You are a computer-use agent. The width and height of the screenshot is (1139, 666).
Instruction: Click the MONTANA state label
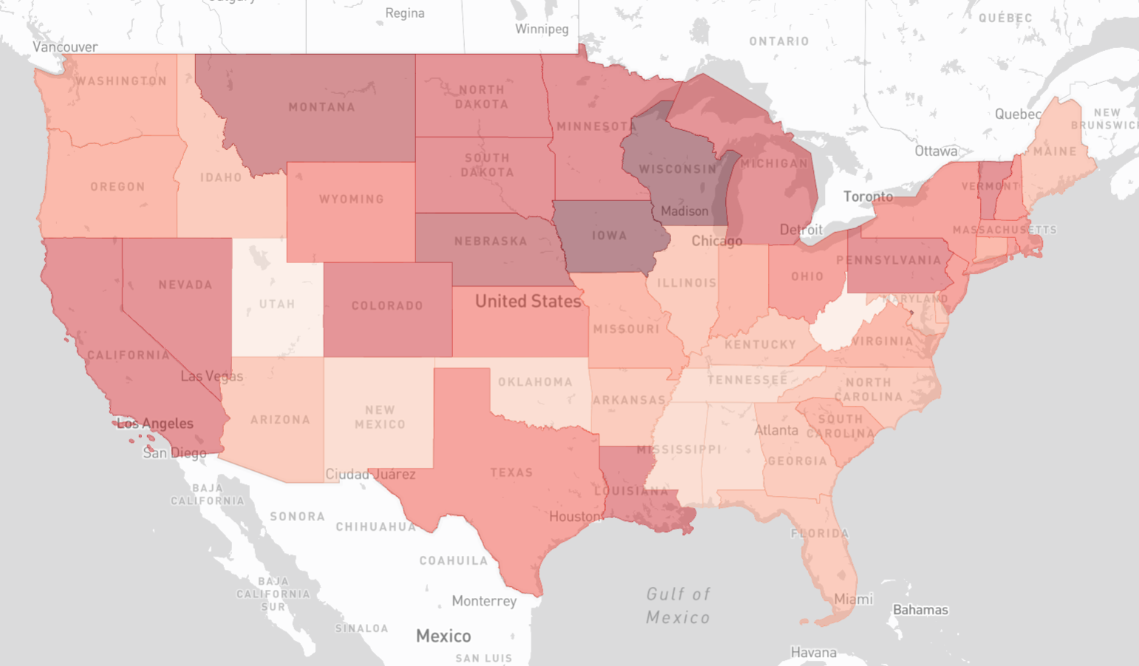point(322,107)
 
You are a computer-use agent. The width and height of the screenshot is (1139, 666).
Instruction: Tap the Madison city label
point(684,211)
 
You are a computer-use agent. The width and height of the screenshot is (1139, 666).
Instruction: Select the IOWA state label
point(610,236)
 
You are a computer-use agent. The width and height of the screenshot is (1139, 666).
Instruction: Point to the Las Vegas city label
point(211,376)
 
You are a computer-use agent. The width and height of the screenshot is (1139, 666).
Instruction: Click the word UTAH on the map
point(277,305)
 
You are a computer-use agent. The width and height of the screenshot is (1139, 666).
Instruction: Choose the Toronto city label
point(868,197)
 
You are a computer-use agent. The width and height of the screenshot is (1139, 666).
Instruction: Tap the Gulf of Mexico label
point(678,605)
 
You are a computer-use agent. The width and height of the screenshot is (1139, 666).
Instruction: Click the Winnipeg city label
point(542,29)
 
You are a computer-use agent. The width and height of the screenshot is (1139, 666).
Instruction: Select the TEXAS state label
point(511,472)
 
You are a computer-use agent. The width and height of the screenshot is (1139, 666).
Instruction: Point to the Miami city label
point(853,599)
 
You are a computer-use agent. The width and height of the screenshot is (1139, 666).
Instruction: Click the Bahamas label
point(920,610)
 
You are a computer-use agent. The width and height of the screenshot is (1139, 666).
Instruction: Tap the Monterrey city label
point(484,601)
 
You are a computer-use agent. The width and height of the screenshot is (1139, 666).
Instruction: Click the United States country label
point(528,302)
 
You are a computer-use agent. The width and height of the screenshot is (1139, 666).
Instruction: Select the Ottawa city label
point(936,152)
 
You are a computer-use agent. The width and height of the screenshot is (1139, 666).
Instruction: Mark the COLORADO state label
point(387,306)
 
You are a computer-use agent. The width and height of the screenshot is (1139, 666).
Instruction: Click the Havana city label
point(813,653)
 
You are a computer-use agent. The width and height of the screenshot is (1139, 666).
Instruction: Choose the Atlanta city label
point(776,430)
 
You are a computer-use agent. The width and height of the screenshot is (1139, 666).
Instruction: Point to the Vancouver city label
point(65,47)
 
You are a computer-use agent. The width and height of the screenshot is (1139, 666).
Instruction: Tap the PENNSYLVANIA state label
point(888,260)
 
